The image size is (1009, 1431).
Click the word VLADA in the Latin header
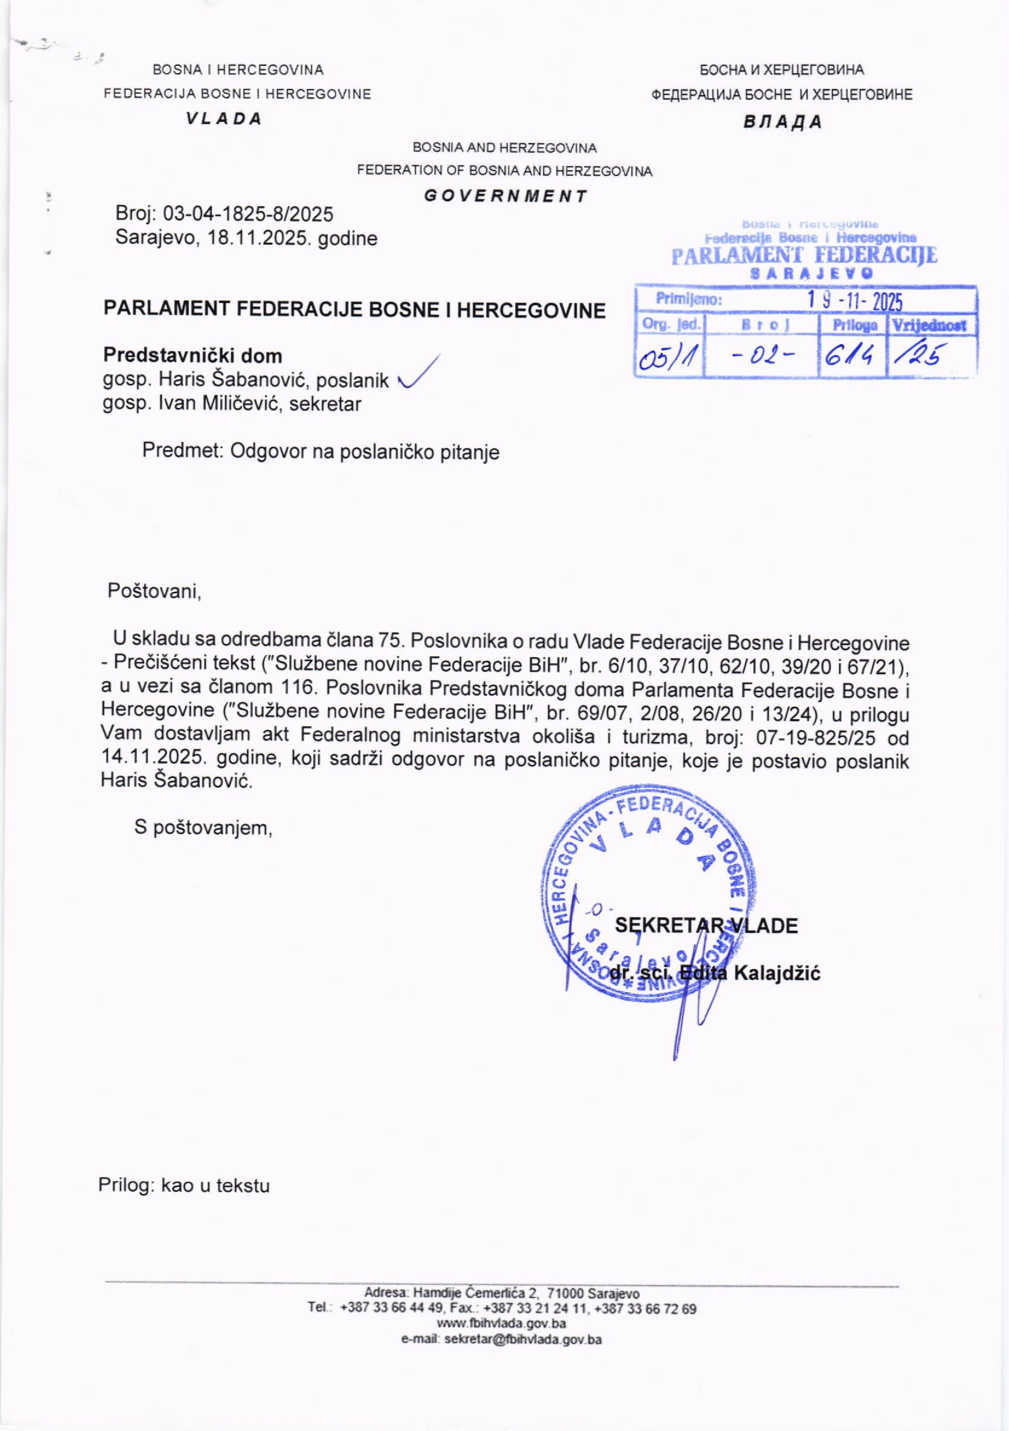click(x=223, y=119)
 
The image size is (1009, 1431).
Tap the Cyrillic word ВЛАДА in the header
click(x=783, y=122)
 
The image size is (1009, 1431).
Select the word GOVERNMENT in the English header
click(x=505, y=196)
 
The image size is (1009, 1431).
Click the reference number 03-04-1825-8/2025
click(x=248, y=214)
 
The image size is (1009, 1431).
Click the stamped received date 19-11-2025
click(x=855, y=302)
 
